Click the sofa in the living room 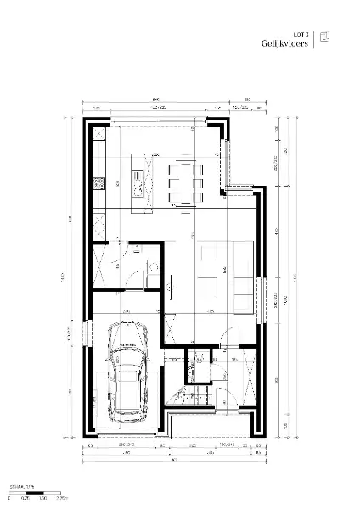(243, 273)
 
